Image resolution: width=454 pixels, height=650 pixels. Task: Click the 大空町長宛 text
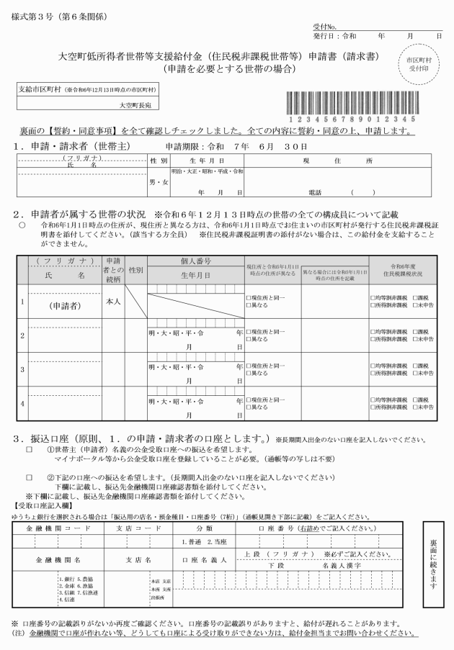click(x=139, y=104)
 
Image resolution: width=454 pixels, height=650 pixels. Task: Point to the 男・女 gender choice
click(x=158, y=182)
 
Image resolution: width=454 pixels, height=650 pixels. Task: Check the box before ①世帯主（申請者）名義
click(x=29, y=448)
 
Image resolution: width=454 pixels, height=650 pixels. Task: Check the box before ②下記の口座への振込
click(x=29, y=477)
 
